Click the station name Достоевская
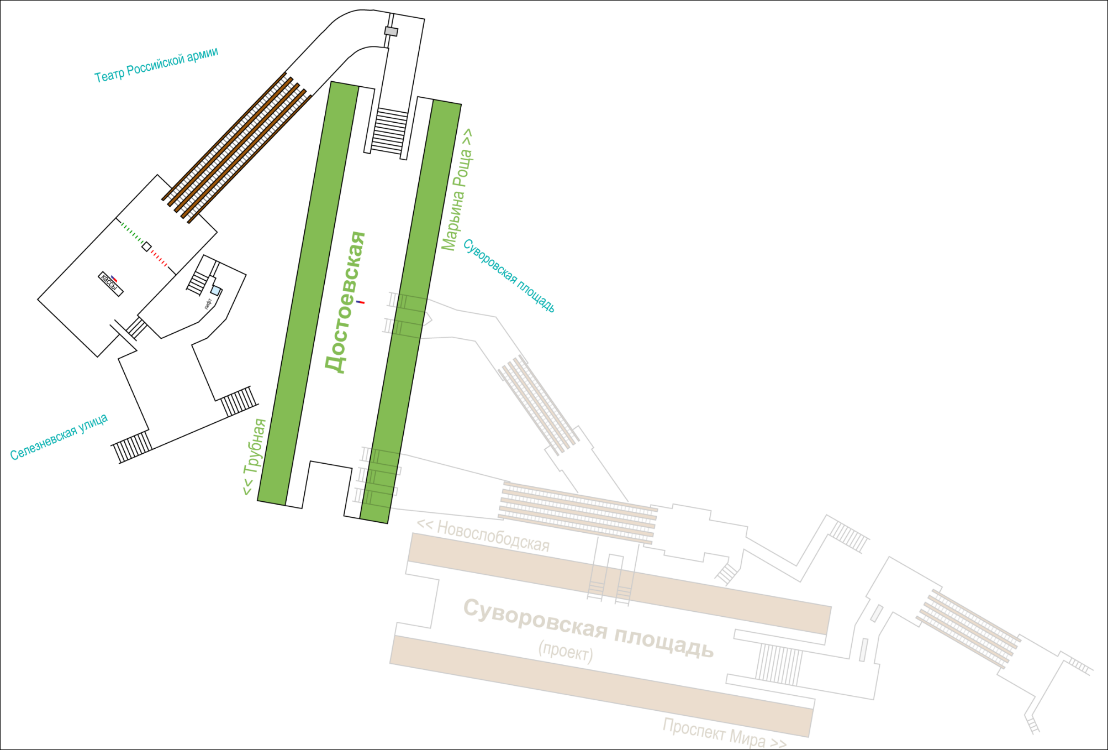coord(345,302)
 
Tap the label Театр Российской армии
coord(156,65)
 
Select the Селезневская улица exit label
coord(59,437)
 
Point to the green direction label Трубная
coord(255,457)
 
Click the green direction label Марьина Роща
coord(457,190)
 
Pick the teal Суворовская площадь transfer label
coord(509,275)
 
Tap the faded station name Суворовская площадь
coord(589,628)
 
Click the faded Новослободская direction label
coord(483,535)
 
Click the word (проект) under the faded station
coord(566,651)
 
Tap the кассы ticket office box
coord(110,284)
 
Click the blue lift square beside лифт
coord(216,291)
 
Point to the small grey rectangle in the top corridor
coord(391,32)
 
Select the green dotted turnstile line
coord(131,233)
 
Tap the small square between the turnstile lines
coord(146,246)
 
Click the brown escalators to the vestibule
coord(236,148)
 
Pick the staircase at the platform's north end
coord(390,130)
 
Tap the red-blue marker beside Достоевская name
coord(360,302)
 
